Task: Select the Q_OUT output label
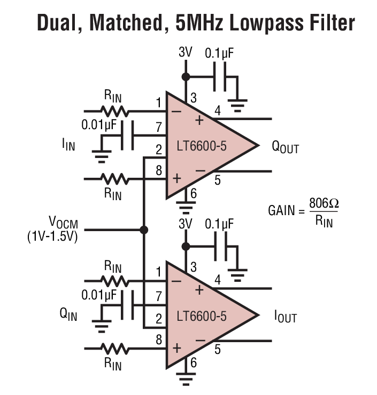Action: tap(285, 148)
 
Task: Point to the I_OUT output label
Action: tap(285, 317)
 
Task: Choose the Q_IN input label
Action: tap(68, 315)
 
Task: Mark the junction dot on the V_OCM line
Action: tap(143, 230)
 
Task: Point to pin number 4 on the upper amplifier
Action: tap(218, 110)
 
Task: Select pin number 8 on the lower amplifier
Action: tap(158, 338)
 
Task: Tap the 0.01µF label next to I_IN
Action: tap(99, 125)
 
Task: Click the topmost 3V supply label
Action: tap(185, 53)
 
